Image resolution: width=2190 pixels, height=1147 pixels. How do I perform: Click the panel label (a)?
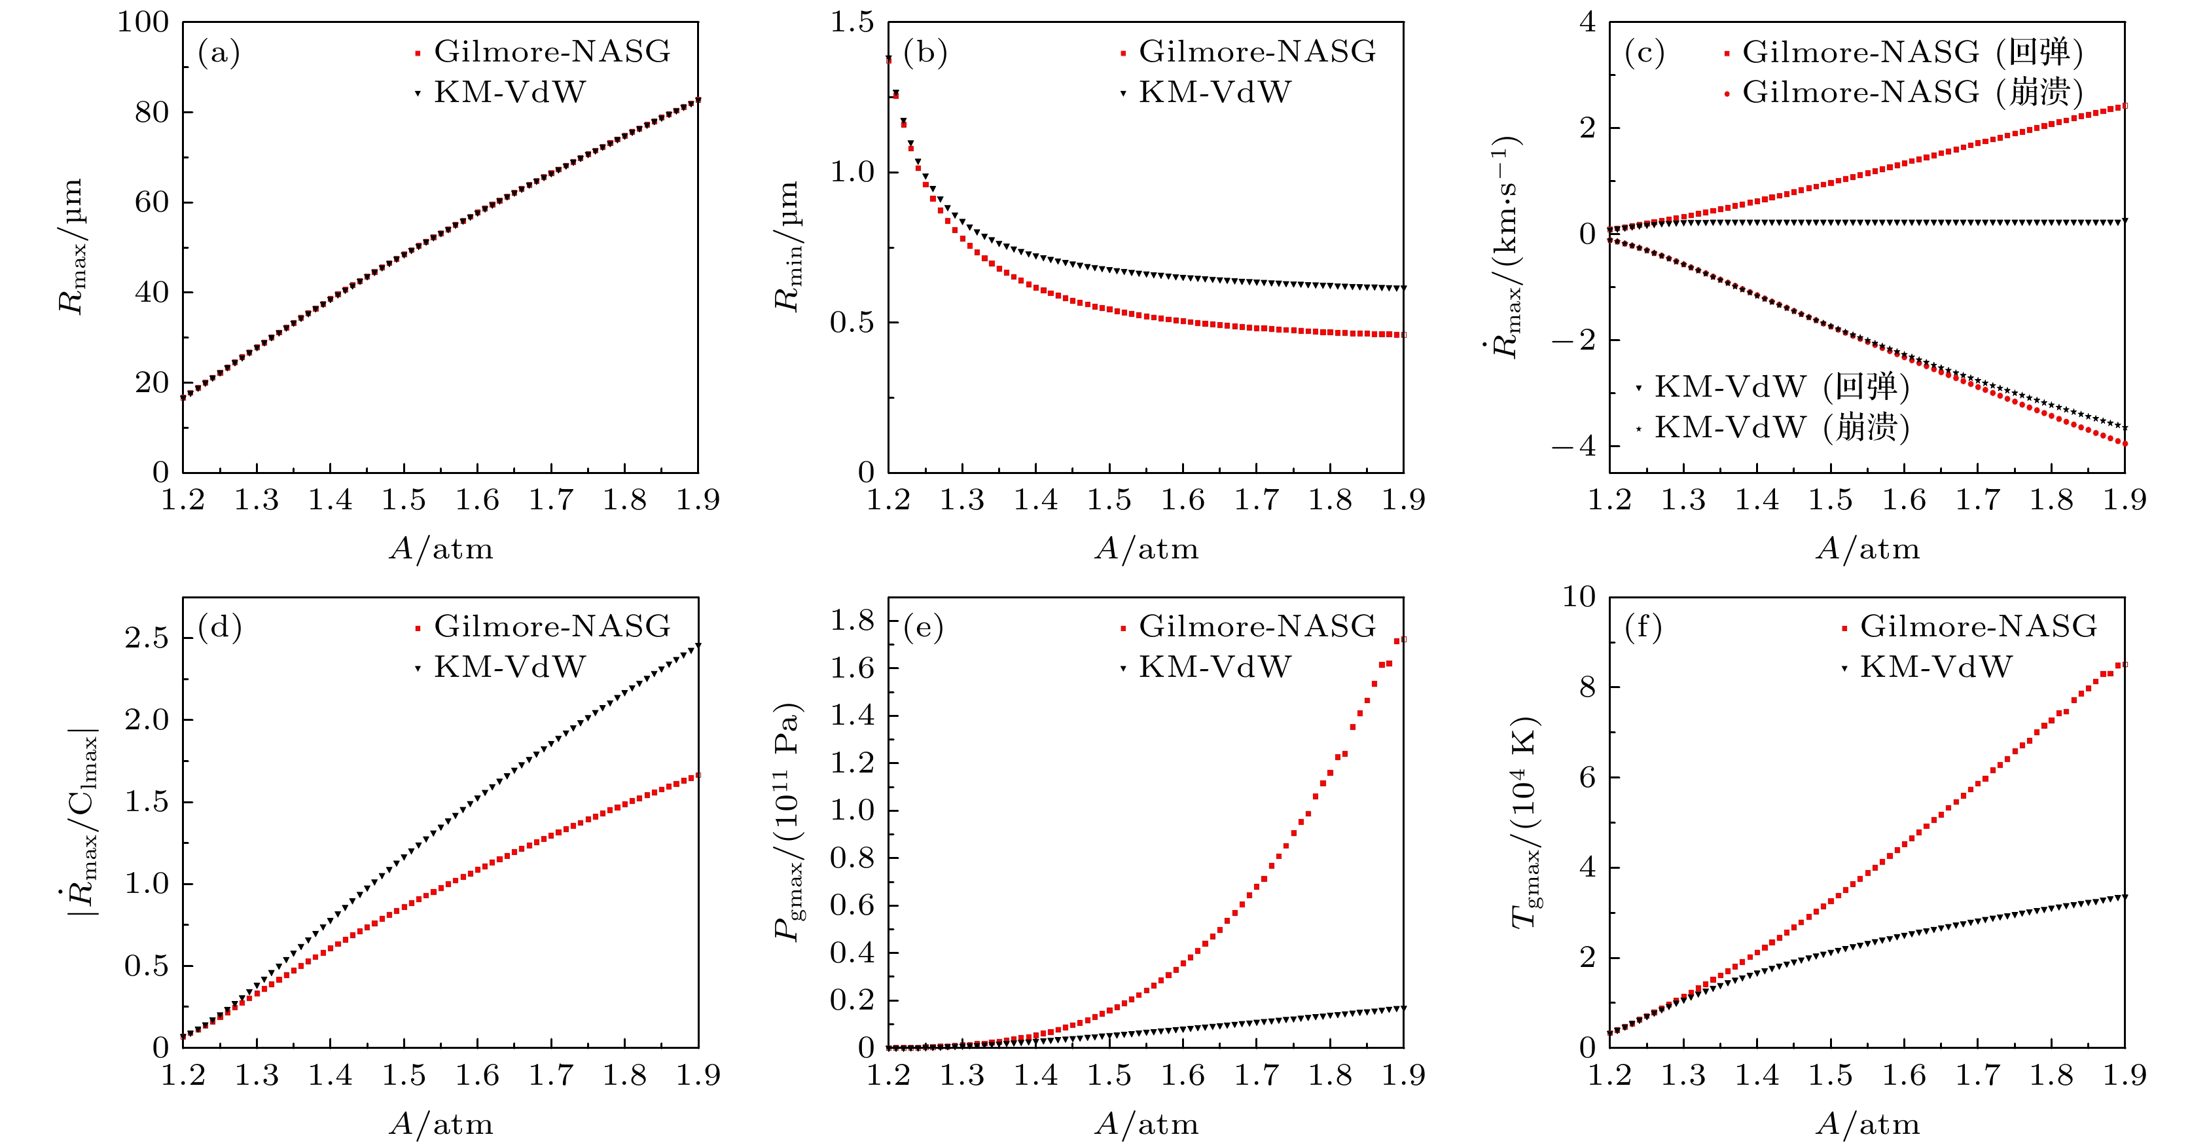(219, 54)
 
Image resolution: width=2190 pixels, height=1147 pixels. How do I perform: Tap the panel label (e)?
(924, 628)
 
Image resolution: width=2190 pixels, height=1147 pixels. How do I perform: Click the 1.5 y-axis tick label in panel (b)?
(852, 22)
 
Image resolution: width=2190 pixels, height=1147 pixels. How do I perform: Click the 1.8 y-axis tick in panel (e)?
(852, 621)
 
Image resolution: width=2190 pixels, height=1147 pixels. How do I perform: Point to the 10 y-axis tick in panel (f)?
(1579, 597)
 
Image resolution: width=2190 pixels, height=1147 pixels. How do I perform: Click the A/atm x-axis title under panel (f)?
(1868, 1124)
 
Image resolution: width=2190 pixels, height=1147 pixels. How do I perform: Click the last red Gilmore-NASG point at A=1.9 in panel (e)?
(1402, 640)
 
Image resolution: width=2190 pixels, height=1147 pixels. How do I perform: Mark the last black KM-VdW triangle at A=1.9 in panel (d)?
(697, 646)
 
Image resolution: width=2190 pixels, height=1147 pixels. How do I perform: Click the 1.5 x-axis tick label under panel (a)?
(403, 500)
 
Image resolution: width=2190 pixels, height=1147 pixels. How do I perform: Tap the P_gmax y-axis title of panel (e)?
(788, 822)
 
